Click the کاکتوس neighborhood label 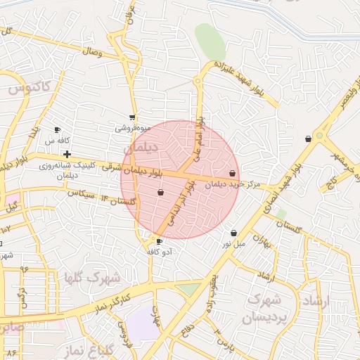pyautogui.click(x=30, y=88)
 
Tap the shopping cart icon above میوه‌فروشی pyautogui.click(x=132, y=117)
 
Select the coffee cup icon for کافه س pyautogui.click(x=58, y=130)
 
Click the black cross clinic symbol pyautogui.click(x=67, y=154)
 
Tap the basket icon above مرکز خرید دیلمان pyautogui.click(x=233, y=173)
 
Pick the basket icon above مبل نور pyautogui.click(x=233, y=233)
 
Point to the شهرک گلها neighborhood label pyautogui.click(x=91, y=277)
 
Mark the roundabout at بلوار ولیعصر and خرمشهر pyautogui.click(x=320, y=134)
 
